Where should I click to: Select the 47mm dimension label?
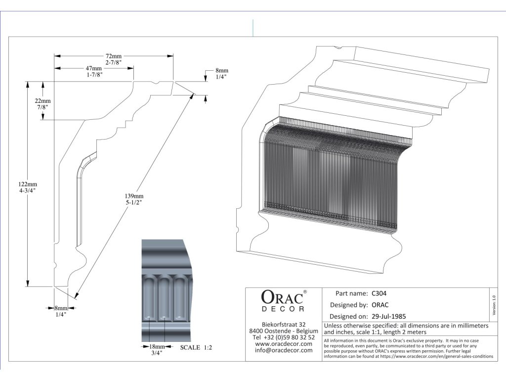(x=93, y=68)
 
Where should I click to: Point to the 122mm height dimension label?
(x=28, y=185)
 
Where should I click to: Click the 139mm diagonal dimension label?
(x=134, y=196)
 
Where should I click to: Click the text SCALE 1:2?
(x=196, y=348)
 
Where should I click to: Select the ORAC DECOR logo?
(x=283, y=301)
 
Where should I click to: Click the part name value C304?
(x=379, y=293)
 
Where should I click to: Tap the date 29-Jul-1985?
(x=388, y=316)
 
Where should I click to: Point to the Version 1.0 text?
(x=494, y=304)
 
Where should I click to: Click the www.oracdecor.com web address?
(x=284, y=344)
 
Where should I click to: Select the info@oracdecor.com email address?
(x=284, y=350)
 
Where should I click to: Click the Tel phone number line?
(x=284, y=337)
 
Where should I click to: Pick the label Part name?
(x=351, y=293)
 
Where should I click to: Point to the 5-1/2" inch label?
(x=134, y=202)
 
